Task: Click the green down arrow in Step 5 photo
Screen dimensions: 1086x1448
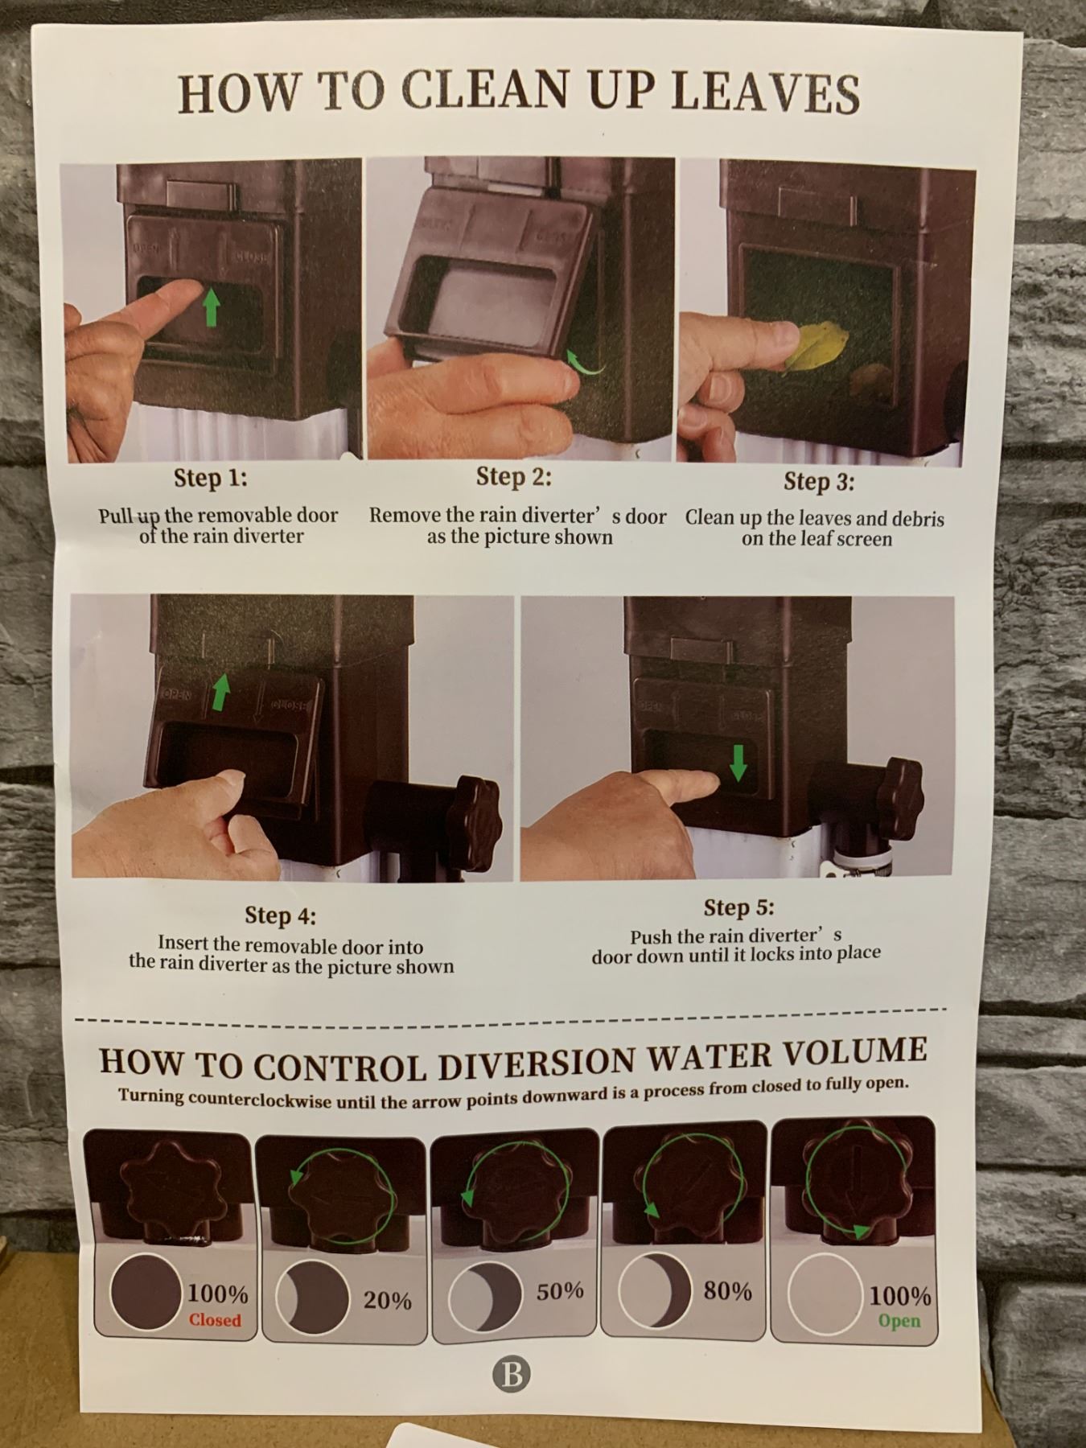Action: click(738, 762)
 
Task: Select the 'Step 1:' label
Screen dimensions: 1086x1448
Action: click(211, 478)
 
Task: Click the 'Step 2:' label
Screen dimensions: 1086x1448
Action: click(514, 476)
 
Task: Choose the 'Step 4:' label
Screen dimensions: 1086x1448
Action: click(281, 915)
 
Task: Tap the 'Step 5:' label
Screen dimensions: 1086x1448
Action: click(738, 907)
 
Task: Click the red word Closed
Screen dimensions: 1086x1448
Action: click(215, 1319)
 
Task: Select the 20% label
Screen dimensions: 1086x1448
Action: click(387, 1299)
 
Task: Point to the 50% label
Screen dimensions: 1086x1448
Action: click(560, 1290)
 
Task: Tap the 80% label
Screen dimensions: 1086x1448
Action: click(728, 1290)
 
